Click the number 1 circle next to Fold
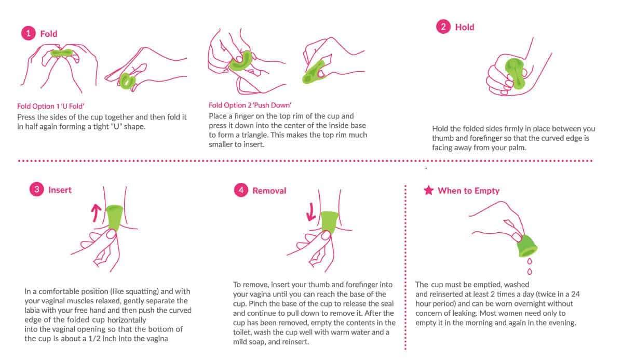tap(29, 33)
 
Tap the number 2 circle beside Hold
tap(443, 26)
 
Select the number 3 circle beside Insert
tap(37, 190)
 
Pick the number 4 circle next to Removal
tap(241, 190)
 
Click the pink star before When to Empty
tap(428, 191)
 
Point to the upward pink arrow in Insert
tap(96, 213)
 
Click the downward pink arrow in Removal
tap(310, 212)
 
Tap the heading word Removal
tap(269, 191)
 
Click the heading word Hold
tap(465, 27)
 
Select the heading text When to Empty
tap(469, 191)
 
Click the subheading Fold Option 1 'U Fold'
tap(51, 106)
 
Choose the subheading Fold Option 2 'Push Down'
tap(250, 105)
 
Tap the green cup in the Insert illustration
tap(114, 217)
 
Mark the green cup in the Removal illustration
tap(330, 222)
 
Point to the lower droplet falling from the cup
tap(530, 272)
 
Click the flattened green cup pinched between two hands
tap(62, 53)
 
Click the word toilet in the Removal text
tap(242, 332)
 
